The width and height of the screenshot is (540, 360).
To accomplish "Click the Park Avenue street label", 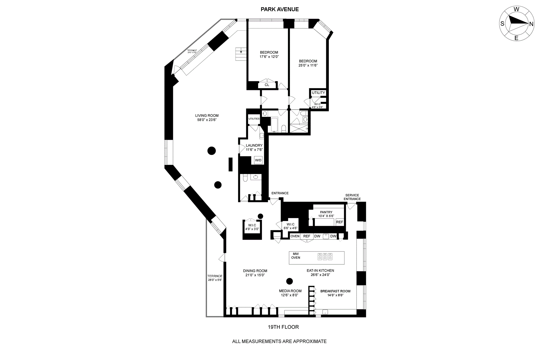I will point(280,9).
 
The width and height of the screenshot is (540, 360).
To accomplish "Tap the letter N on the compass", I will point(531,24).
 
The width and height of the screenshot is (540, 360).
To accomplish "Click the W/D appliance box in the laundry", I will point(258,160).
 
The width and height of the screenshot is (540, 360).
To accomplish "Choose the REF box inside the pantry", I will point(339,222).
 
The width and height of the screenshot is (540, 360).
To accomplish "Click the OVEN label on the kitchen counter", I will point(295,236).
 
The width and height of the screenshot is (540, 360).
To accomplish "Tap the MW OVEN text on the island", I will point(296,256).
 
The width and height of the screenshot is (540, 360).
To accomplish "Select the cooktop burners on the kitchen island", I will point(325,256).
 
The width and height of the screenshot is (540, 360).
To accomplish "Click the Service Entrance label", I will point(352,197).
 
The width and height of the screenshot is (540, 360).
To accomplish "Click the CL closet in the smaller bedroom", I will point(267,85).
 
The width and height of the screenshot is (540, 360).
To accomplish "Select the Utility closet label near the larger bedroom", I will point(318,93).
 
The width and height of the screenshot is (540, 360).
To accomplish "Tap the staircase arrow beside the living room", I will point(241,52).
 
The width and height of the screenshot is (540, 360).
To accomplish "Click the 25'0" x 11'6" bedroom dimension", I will point(308,65).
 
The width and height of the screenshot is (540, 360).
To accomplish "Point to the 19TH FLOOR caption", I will point(283,327).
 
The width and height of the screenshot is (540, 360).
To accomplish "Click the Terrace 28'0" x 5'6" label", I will point(215,278).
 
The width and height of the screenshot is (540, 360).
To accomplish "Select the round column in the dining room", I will point(289,281).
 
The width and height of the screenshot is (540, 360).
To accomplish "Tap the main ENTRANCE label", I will point(280,193).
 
